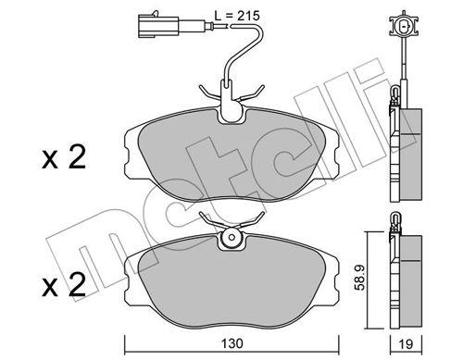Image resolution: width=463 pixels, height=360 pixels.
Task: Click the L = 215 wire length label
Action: (237, 16)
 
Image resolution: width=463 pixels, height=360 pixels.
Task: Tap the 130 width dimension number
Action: (232, 343)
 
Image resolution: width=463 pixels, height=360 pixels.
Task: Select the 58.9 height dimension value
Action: (360, 278)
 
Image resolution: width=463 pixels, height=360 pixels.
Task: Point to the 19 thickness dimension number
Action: (406, 344)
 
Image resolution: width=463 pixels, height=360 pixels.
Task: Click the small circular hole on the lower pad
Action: (232, 238)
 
